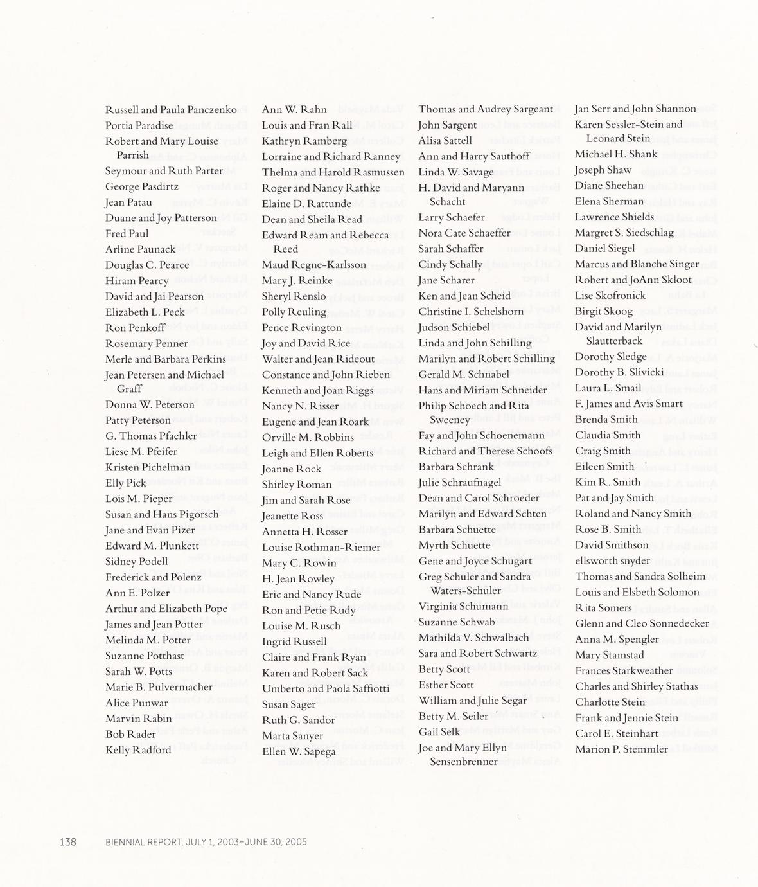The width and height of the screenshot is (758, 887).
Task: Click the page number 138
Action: (x=68, y=841)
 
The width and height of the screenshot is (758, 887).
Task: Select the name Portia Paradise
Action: (x=139, y=125)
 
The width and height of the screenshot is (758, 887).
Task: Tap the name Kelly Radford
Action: (x=138, y=750)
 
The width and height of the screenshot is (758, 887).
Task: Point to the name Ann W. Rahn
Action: (x=294, y=110)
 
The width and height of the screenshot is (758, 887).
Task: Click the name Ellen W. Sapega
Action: (x=299, y=751)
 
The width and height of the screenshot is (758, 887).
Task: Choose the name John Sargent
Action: (x=447, y=125)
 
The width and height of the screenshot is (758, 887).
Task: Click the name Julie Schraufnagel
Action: (x=459, y=483)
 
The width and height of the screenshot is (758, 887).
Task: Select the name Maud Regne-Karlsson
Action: (x=313, y=265)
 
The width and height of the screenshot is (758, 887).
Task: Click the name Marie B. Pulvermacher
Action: (x=159, y=687)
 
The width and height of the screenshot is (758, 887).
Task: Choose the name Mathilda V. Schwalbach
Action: (x=473, y=638)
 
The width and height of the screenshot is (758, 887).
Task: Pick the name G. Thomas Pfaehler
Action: (x=151, y=436)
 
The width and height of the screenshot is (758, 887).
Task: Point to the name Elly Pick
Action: (x=126, y=483)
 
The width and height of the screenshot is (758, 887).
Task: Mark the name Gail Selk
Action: (x=439, y=732)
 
